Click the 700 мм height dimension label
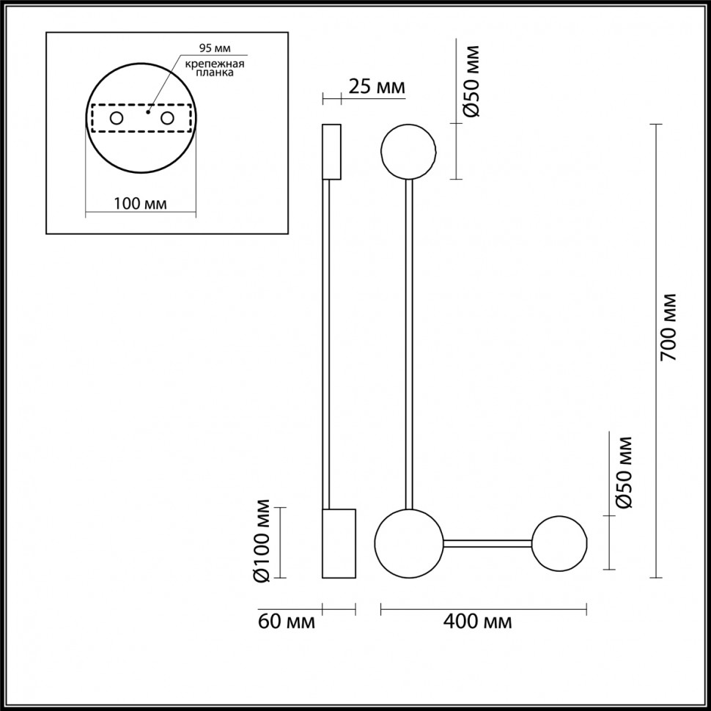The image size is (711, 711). click(671, 327)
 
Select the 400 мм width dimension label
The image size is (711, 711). click(478, 623)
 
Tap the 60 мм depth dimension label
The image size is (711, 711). click(287, 623)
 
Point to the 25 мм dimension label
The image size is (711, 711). click(377, 87)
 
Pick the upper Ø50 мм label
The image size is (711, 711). click(473, 81)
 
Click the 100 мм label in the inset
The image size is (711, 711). click(139, 203)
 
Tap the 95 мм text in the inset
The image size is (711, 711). click(215, 48)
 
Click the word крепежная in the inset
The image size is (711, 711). click(214, 63)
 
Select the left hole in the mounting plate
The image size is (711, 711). click(116, 118)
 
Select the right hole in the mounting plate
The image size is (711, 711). click(167, 118)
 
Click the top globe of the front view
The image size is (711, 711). click(409, 152)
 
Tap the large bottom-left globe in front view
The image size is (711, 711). click(408, 543)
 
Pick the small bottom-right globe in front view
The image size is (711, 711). click(560, 544)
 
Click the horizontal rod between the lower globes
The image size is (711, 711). click(487, 544)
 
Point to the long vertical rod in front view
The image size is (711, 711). click(409, 345)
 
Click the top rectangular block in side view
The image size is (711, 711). click(331, 152)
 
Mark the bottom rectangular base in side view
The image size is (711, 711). click(339, 543)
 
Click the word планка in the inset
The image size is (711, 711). click(214, 73)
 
